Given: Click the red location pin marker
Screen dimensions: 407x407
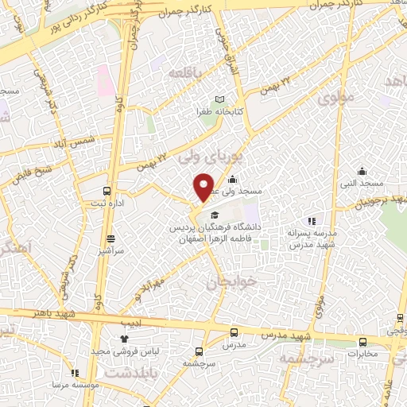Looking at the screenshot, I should click(x=203, y=188).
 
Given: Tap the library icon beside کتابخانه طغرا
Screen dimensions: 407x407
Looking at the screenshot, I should click(x=209, y=99).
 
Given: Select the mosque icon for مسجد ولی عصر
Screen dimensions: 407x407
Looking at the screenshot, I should click(x=232, y=180).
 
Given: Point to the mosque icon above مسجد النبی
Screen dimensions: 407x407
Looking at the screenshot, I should click(x=362, y=171).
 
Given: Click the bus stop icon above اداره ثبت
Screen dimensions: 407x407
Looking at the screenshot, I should click(x=107, y=191).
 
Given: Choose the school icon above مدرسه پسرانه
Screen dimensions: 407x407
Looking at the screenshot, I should click(x=312, y=221).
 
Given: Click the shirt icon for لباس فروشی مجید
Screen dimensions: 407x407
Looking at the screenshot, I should click(x=124, y=339).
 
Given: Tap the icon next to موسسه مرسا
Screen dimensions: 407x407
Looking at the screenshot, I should click(x=75, y=372).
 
